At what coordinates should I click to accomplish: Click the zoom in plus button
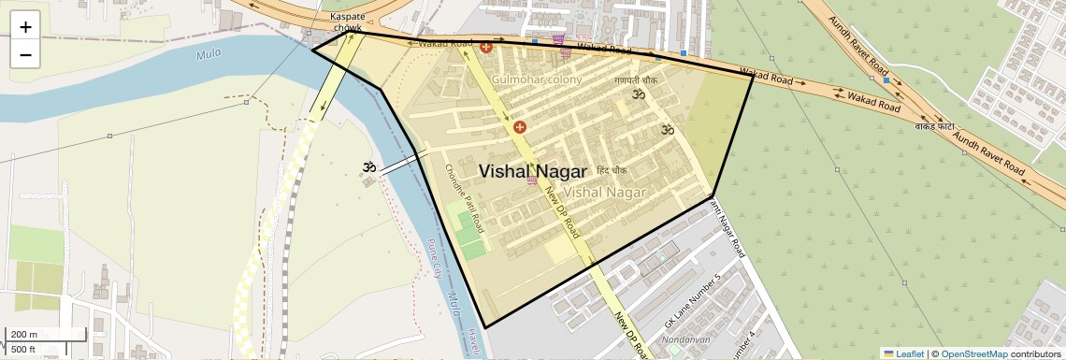25,27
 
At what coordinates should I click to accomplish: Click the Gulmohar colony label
537,79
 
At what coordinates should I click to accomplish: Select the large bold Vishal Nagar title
533,171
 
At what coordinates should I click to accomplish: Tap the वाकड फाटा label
934,124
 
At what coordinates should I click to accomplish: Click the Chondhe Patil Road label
464,197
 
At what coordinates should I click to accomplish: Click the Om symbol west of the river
369,167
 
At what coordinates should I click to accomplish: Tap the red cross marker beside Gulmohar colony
486,47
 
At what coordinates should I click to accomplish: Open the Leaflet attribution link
903,353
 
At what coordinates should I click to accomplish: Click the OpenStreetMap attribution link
973,353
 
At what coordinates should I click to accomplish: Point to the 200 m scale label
24,335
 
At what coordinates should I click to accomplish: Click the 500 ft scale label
24,350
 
